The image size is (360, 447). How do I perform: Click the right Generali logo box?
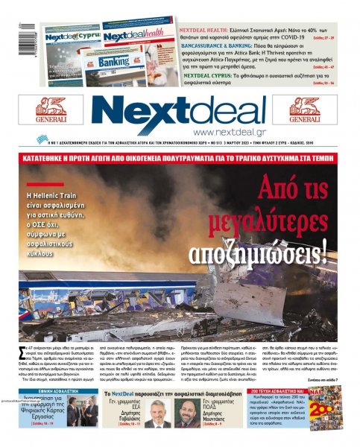[305, 110]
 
